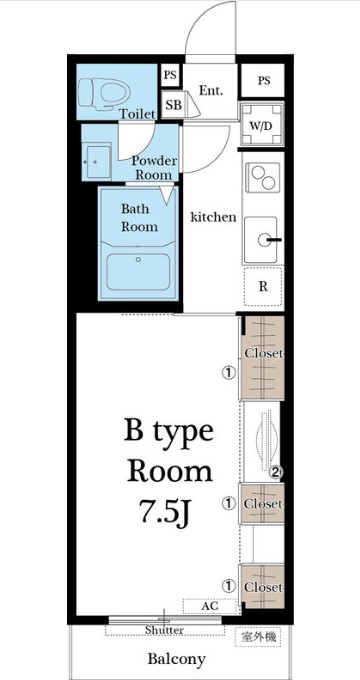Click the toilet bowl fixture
104,92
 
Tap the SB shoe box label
174,105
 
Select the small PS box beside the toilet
170,75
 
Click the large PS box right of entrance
263,81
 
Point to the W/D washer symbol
262,124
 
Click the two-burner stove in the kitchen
262,177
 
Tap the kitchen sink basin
261,240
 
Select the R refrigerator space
263,287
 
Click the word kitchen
214,217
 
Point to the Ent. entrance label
211,91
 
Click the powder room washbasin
98,162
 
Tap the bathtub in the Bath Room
138,272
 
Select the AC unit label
209,606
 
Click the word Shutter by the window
164,630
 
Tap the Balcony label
177,659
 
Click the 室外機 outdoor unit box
258,637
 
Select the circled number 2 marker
276,472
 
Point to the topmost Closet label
263,353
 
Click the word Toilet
137,114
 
